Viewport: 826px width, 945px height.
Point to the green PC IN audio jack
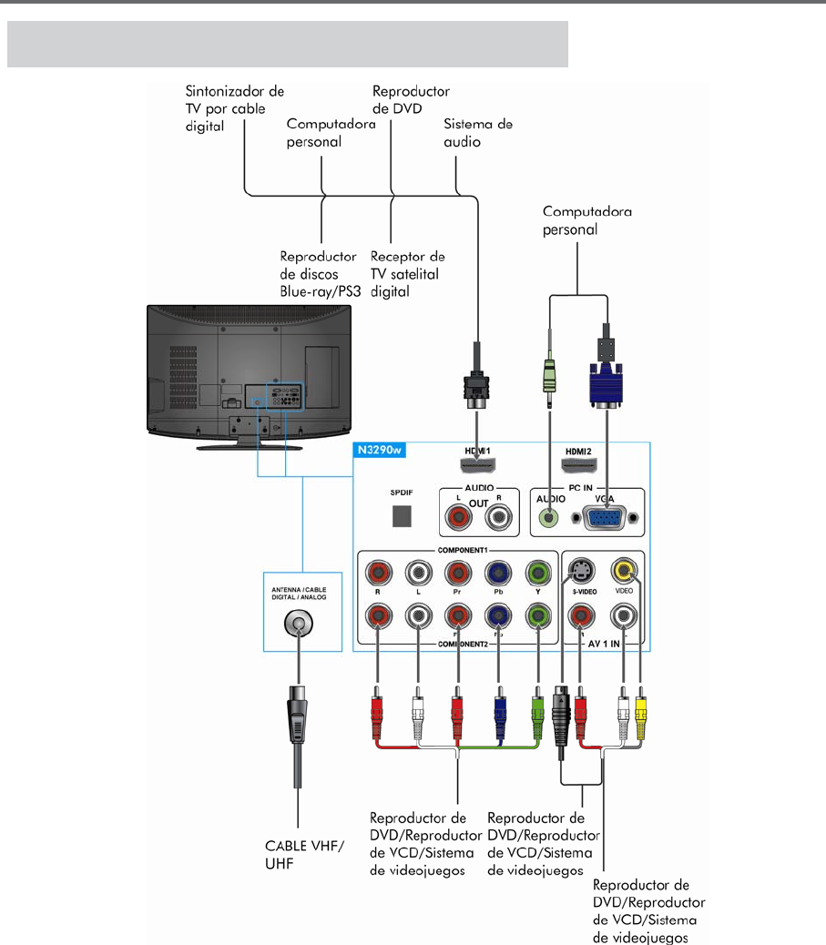click(x=547, y=518)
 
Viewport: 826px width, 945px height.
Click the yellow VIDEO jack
click(x=624, y=572)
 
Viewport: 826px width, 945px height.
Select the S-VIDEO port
click(x=580, y=572)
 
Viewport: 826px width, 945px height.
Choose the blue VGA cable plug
click(x=604, y=382)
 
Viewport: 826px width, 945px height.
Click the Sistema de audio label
click(x=477, y=133)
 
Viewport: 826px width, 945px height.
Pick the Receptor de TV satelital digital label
click(x=407, y=275)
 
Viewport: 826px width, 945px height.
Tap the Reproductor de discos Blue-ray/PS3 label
click(x=318, y=275)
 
